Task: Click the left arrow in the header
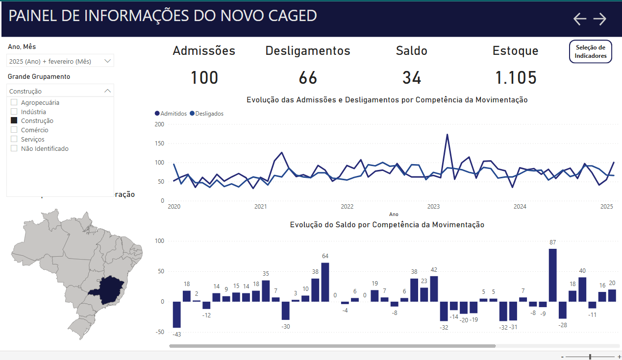pos(580,19)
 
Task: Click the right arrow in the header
pos(600,19)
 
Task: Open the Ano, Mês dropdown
pos(108,61)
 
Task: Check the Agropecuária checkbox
pos(14,102)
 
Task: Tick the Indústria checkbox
pos(14,112)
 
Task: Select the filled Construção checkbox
pos(14,120)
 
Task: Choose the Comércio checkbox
pos(14,130)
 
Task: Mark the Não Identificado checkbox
pos(14,148)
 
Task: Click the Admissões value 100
pos(204,78)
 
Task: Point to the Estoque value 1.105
pos(516,78)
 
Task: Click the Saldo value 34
pos(412,78)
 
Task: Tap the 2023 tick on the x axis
pos(433,207)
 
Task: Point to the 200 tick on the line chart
pos(159,124)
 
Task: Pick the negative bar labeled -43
pos(176,314)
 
